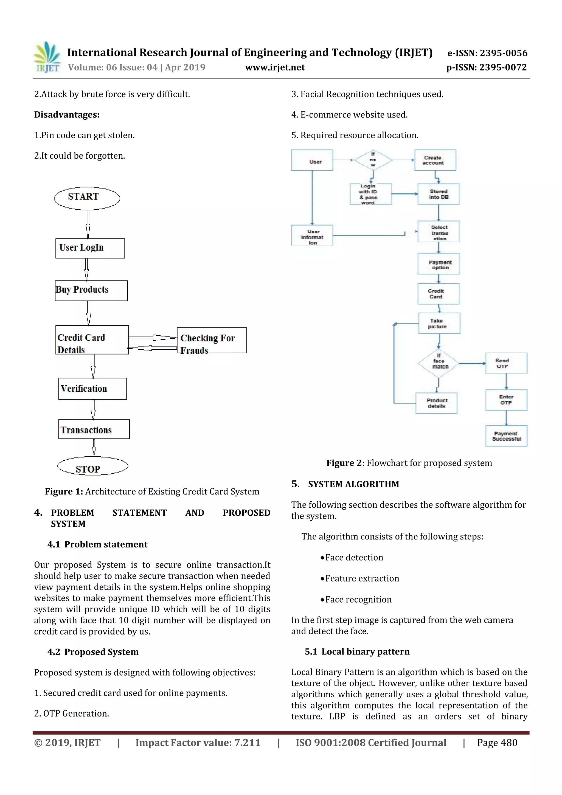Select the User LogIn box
[x=90, y=248]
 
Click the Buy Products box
[x=91, y=290]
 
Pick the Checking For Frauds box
[x=212, y=340]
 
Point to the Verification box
[x=92, y=389]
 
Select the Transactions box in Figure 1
[x=94, y=429]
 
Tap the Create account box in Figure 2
[x=435, y=160]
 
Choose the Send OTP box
[x=506, y=363]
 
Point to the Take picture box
[x=439, y=323]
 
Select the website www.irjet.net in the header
[x=275, y=67]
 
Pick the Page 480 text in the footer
[x=497, y=742]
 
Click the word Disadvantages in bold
[x=66, y=115]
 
